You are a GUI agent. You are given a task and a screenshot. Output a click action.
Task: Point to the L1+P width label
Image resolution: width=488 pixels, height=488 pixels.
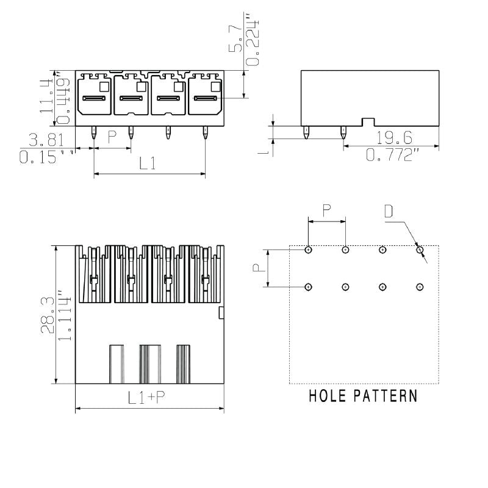coord(146,398)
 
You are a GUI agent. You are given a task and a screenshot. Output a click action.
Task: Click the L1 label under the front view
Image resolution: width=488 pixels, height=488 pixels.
coord(148,163)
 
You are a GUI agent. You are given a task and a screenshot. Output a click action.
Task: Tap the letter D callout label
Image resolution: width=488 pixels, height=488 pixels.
coord(389,212)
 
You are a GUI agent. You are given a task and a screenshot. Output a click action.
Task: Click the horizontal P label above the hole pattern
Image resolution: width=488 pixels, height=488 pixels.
coord(326,210)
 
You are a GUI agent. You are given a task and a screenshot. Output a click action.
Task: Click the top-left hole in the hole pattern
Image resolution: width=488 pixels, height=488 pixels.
coord(308,249)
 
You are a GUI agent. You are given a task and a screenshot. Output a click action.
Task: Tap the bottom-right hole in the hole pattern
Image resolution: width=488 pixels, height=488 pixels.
coord(420,287)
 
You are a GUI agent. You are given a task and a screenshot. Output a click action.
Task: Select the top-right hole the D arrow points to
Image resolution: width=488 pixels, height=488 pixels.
coord(420,249)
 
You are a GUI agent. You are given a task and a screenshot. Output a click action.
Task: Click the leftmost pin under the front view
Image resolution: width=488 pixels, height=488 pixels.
coord(93,132)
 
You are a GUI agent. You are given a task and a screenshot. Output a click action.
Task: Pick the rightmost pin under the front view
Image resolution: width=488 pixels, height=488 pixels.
coord(205,132)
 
